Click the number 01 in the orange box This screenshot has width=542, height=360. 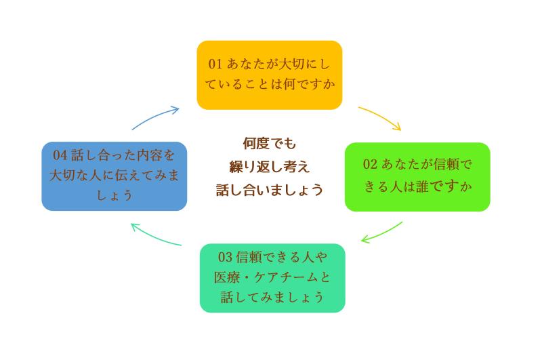point(215,64)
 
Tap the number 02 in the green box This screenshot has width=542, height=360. point(370,164)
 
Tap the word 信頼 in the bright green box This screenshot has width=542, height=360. point(434,164)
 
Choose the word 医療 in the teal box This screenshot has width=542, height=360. point(225,277)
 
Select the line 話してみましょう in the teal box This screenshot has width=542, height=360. point(272,298)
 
